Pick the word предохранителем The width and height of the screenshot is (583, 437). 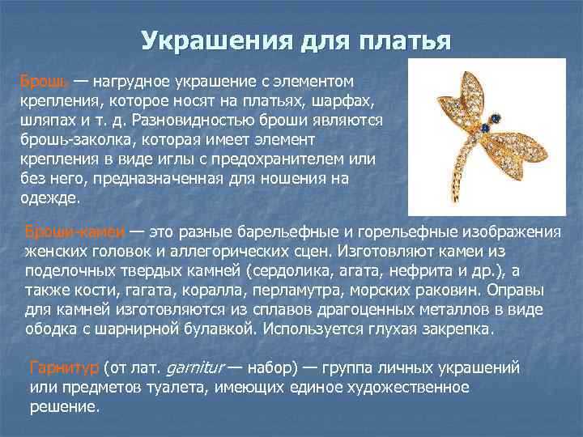click(281, 159)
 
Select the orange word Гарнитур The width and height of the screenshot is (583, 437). click(63, 368)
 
